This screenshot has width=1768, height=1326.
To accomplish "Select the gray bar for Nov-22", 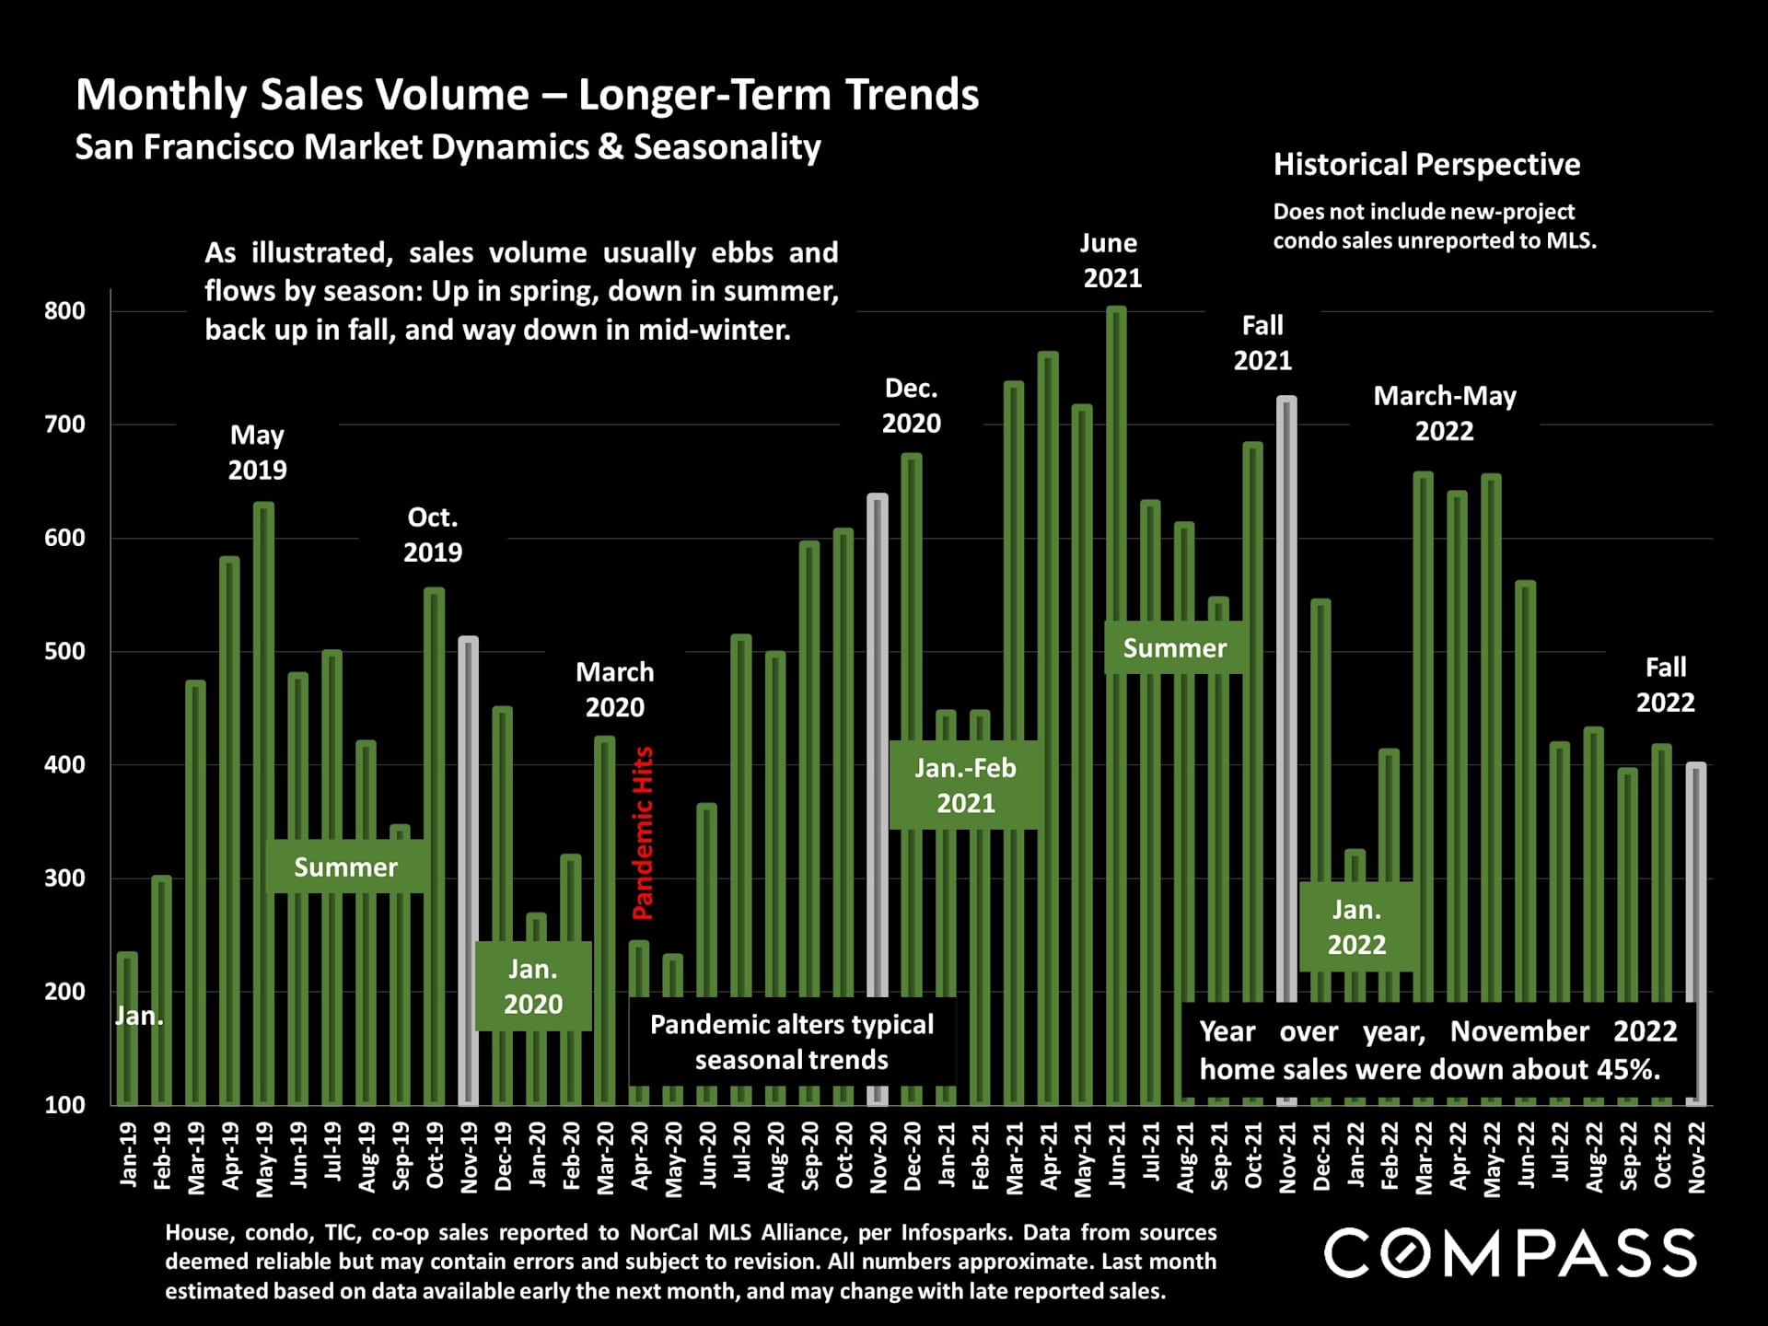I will (x=1696, y=884).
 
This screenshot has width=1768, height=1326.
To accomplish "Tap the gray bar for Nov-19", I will (x=469, y=866).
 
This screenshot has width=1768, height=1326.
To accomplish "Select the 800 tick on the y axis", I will (x=64, y=311).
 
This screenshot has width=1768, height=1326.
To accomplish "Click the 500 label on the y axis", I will (x=64, y=651).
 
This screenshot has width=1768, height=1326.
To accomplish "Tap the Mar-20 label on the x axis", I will (x=605, y=1158).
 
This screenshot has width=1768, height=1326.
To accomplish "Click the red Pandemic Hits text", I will (x=643, y=833).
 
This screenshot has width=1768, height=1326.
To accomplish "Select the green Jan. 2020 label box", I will (x=533, y=986).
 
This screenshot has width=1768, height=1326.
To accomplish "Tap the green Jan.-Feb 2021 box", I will (x=965, y=785).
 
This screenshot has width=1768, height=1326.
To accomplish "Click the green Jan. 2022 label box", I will (x=1356, y=927).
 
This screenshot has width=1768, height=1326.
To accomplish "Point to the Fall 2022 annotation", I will (x=1665, y=685).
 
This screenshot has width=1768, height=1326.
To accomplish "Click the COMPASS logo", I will (x=1510, y=1253).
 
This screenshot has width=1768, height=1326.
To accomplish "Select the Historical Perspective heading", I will (x=1426, y=165).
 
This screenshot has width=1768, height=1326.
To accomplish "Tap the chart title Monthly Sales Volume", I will (x=527, y=95).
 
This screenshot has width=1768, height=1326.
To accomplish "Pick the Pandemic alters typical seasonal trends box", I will (x=792, y=1042).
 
